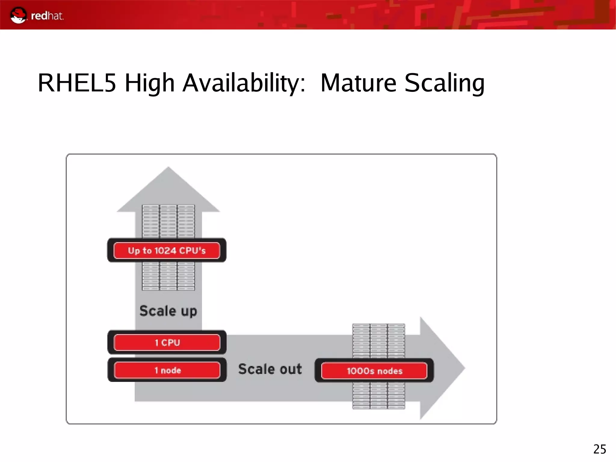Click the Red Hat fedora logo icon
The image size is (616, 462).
[18, 15]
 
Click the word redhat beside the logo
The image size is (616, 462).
[47, 16]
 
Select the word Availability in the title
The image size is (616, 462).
[244, 83]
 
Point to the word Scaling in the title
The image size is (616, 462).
[445, 83]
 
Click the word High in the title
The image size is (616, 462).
[149, 83]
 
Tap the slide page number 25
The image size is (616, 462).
[599, 449]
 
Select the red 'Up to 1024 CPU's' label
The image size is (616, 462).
[167, 250]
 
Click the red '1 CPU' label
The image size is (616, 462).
[167, 343]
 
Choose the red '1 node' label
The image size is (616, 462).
[167, 370]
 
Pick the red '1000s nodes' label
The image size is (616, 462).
[374, 371]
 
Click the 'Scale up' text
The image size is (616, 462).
[168, 311]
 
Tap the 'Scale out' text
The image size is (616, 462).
[270, 369]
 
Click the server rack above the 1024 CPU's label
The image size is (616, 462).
[168, 221]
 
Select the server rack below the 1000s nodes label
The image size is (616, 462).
[378, 395]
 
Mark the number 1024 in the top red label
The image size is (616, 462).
[165, 250]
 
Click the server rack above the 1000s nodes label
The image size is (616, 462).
[378, 341]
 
